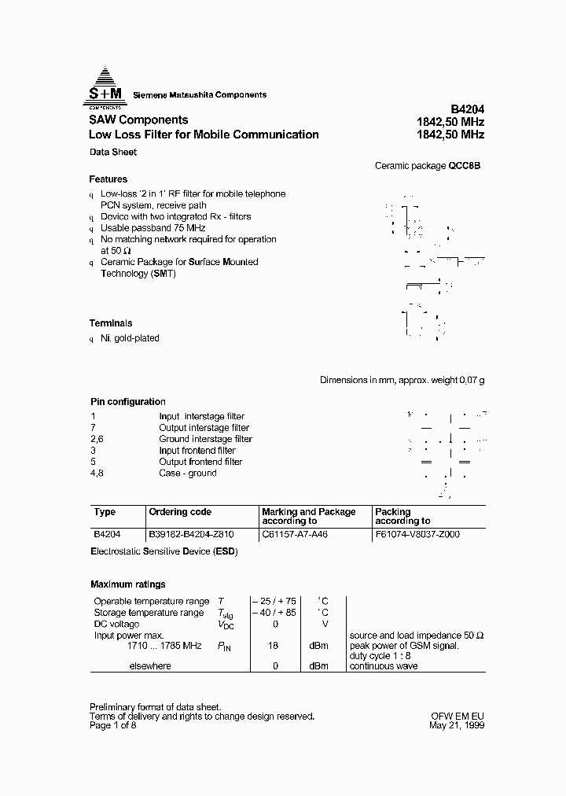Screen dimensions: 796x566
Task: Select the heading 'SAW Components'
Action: [138, 120]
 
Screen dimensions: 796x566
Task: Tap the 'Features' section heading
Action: [108, 179]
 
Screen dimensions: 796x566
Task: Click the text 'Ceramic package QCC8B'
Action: [427, 166]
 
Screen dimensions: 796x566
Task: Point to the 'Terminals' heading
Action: [110, 323]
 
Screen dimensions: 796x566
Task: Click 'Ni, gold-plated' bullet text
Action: [130, 338]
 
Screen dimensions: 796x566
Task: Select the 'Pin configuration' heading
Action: [127, 402]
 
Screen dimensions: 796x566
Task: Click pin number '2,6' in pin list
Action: [97, 439]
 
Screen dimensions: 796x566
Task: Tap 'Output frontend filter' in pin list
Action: [200, 462]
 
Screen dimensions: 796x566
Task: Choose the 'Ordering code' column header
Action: [180, 512]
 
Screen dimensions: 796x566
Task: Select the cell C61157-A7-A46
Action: [295, 533]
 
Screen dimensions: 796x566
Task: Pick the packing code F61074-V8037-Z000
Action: [417, 533]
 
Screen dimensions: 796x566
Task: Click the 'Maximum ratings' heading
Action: [127, 584]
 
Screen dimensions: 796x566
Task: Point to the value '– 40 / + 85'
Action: [274, 612]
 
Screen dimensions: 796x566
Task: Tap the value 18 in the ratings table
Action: [274, 646]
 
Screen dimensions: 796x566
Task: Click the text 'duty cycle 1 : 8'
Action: [380, 656]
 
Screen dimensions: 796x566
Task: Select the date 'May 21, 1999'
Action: [458, 726]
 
